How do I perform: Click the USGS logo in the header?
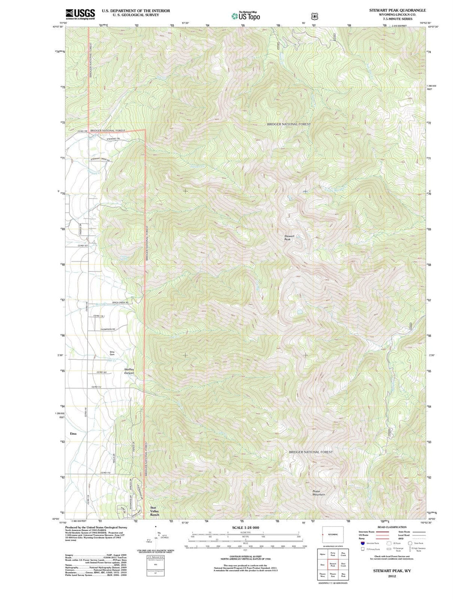[80, 14]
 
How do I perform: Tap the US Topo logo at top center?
[246, 16]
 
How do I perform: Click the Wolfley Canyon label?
[129, 371]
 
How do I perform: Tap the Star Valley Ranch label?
[155, 511]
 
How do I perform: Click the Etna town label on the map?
[73, 433]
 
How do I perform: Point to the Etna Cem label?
[112, 353]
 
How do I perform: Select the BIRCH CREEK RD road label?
[120, 303]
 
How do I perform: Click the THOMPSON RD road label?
[108, 329]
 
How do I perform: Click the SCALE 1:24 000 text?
[245, 527]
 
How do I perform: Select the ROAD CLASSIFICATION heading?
[392, 527]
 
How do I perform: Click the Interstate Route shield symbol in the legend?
[363, 543]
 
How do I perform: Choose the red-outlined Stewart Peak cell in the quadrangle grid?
[333, 565]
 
